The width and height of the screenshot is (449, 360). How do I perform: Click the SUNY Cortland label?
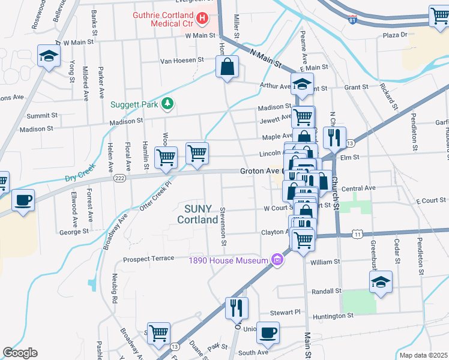(x=197, y=214)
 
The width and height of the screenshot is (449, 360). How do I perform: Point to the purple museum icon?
(x=277, y=260)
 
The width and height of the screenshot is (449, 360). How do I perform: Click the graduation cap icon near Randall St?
(x=381, y=283)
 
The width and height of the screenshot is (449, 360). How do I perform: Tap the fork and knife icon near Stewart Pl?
(x=236, y=308)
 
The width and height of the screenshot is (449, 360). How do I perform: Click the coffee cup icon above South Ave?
(x=268, y=333)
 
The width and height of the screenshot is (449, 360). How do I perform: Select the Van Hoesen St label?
(x=182, y=61)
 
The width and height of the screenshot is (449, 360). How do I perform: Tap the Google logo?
(x=20, y=353)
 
